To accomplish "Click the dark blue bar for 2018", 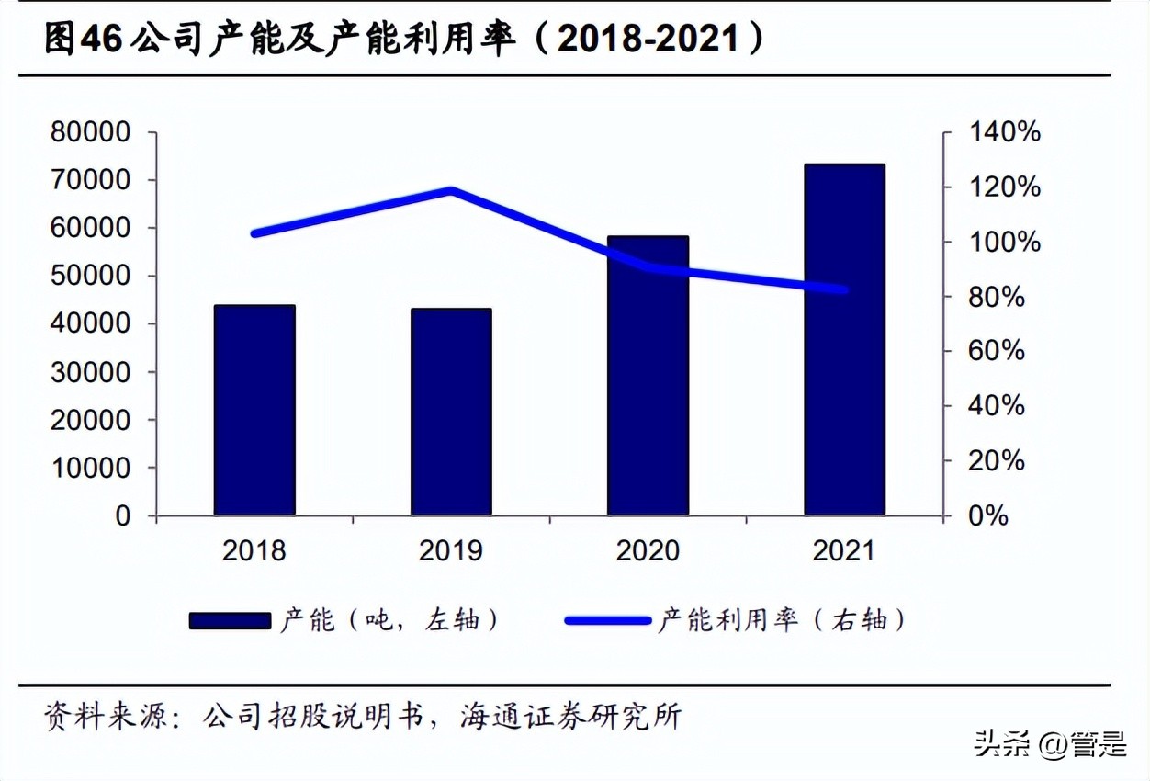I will [x=254, y=410].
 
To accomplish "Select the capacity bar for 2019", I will [x=451, y=412].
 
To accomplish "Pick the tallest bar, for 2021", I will [x=844, y=340].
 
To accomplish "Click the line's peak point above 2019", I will [x=451, y=191].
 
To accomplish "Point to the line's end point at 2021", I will [x=844, y=290].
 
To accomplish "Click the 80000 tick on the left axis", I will [x=90, y=133].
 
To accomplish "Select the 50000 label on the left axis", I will [x=90, y=277].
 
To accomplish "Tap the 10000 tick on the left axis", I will [x=90, y=468].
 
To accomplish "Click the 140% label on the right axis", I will [x=1005, y=133].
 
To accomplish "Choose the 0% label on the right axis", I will [x=989, y=515].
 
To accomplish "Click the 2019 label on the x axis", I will [x=451, y=550].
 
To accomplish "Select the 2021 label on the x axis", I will [x=844, y=550].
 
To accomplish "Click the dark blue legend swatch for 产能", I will [x=230, y=621].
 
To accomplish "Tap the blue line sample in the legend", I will [x=607, y=621].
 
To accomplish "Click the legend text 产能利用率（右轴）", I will [x=782, y=621].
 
